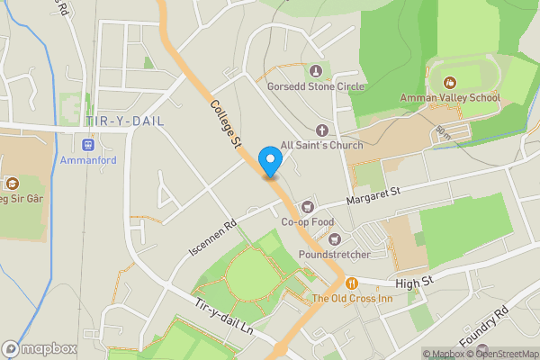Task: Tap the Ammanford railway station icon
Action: [x=89, y=144]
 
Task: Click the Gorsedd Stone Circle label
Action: [x=315, y=87]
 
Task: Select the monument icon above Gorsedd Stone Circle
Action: [x=315, y=71]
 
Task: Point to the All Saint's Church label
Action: [x=321, y=145]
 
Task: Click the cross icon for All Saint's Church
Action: [x=321, y=130]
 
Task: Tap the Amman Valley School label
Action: [x=450, y=97]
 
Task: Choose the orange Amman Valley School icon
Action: [x=449, y=82]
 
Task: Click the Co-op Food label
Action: [x=308, y=221]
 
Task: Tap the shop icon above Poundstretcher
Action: [x=335, y=239]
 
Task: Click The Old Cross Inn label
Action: [x=353, y=298]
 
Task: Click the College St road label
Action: [x=226, y=124]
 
